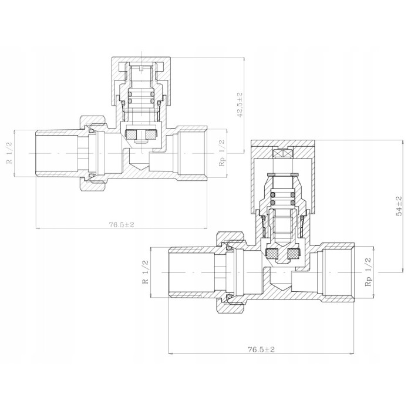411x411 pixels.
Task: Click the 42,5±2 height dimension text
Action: [x=240, y=105]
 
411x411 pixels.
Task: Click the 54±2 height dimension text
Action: [x=399, y=206]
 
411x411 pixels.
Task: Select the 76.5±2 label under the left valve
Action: [x=122, y=224]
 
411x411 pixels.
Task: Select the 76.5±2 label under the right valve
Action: [x=261, y=349]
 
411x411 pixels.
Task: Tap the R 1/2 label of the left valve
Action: [x=9, y=153]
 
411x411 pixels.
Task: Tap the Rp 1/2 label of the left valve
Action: [x=222, y=153]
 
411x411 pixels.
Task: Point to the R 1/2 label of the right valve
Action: [x=145, y=272]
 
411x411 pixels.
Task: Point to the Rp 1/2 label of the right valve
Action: [x=368, y=272]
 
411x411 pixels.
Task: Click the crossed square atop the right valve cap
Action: [x=282, y=154]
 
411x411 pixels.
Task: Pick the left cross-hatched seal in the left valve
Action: [x=131, y=134]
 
